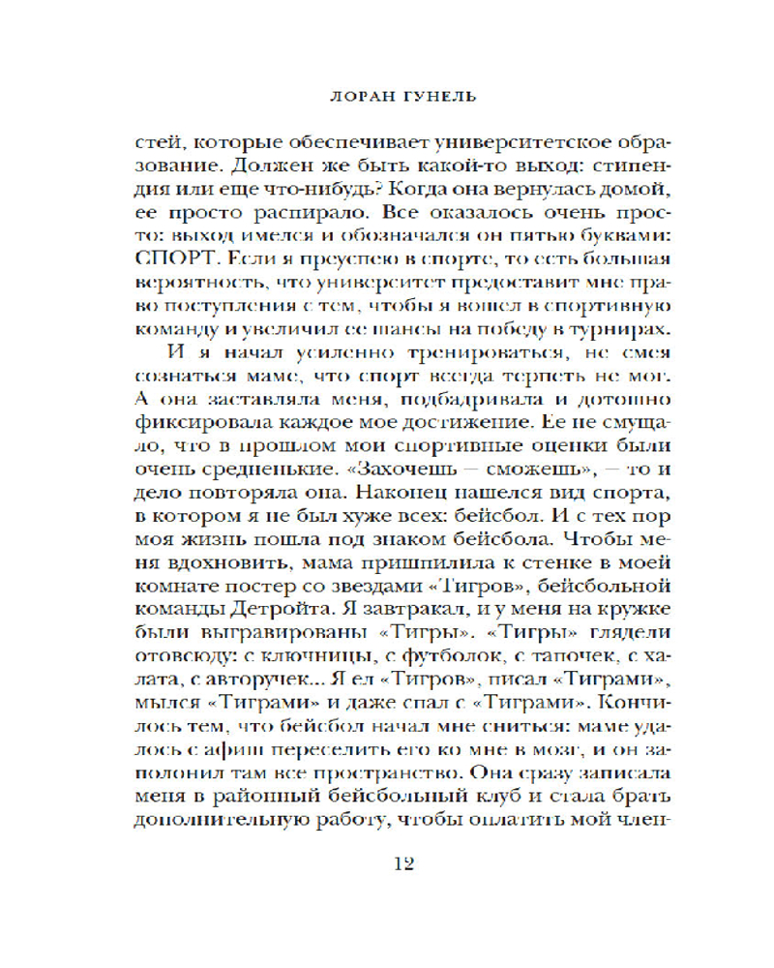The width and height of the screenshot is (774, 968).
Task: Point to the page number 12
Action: coord(398,863)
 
